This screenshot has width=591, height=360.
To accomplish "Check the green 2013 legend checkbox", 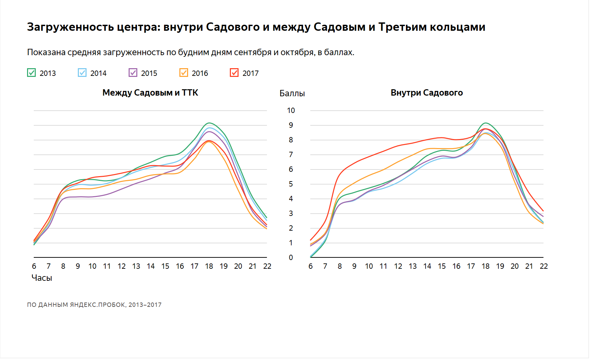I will [x=31, y=73].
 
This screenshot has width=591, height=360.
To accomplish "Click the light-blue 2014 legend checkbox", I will [x=82, y=73].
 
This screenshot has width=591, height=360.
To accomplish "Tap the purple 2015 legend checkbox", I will [x=133, y=73].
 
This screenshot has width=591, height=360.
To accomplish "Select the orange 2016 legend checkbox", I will [x=184, y=73].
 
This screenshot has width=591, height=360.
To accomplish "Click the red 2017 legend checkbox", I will [x=234, y=73].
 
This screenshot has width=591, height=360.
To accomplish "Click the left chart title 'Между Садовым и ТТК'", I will [x=150, y=93].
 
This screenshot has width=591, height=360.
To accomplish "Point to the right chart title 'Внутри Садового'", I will [x=427, y=93].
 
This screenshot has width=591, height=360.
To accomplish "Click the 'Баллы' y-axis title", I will [x=292, y=94].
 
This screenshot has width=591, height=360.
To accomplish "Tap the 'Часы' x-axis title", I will [x=42, y=278].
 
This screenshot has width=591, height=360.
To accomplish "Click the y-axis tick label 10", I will [x=291, y=111].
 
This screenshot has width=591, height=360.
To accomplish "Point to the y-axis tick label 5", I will [x=291, y=184].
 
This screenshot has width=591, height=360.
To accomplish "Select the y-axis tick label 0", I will [x=291, y=258].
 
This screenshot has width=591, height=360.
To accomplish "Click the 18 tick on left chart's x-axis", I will [x=209, y=266].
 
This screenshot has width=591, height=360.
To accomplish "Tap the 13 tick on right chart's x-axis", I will [x=413, y=266].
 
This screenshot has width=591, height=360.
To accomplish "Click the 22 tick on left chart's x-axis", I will [x=267, y=266].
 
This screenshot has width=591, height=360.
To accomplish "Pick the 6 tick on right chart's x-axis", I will [x=310, y=266].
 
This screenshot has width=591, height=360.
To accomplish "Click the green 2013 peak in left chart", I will [x=209, y=123].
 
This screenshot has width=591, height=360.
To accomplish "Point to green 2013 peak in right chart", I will [x=486, y=123].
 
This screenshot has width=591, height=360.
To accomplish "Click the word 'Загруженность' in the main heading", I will [x=70, y=27].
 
